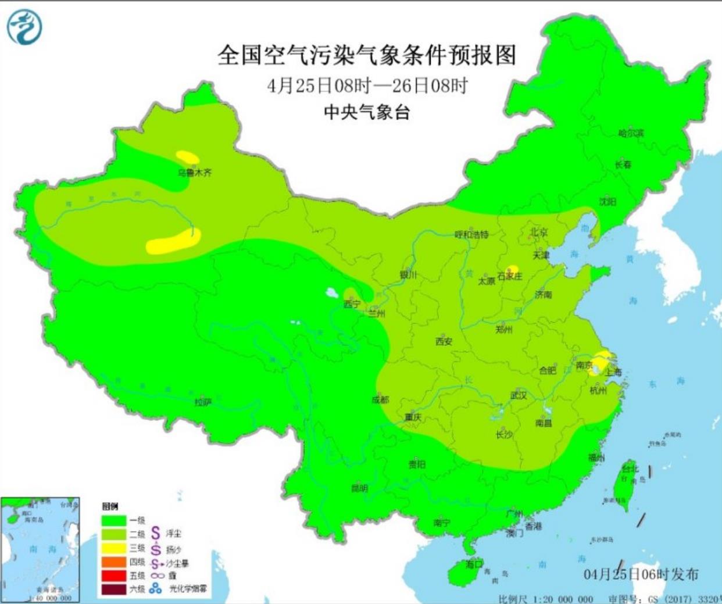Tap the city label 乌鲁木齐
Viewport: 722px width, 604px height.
point(195,173)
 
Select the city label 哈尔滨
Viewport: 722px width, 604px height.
point(631,133)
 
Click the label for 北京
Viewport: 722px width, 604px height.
point(538,232)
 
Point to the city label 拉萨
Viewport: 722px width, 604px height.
point(202,402)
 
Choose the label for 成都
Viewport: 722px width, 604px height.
point(380,400)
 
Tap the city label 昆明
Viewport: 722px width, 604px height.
point(359,488)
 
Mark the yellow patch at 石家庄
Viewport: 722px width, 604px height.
point(512,269)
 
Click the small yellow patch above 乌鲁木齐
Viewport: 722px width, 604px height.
point(188,158)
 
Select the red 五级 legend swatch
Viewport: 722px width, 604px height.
point(114,576)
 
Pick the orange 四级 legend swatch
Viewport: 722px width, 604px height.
point(114,562)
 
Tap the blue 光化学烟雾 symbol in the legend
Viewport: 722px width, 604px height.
point(155,588)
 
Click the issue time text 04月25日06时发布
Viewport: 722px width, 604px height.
point(641,574)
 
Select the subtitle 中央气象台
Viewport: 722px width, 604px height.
point(367,112)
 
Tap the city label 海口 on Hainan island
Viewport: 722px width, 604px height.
point(474,564)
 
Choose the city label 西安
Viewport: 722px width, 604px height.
point(444,342)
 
